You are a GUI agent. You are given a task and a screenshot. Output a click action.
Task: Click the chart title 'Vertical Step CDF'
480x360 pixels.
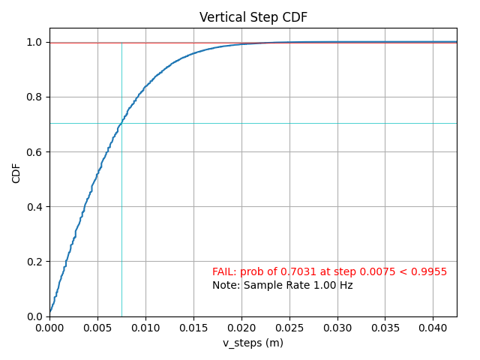253,17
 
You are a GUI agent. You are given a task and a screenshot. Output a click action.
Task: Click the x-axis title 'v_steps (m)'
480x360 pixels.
253,343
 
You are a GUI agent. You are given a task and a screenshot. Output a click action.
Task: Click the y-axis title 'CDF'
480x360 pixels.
16,172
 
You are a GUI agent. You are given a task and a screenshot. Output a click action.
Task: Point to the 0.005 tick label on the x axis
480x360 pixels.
97,328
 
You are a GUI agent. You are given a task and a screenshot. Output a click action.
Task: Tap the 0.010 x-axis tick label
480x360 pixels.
145,328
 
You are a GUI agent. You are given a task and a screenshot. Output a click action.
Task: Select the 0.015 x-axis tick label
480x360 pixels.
193,328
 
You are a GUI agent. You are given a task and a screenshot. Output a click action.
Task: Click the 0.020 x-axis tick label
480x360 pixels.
241,328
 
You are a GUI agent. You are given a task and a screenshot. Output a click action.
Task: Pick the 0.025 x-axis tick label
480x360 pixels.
289,328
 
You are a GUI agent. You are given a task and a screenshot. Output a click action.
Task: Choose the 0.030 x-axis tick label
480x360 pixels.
337,328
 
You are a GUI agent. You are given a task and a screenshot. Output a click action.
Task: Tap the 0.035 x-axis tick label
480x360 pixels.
385,328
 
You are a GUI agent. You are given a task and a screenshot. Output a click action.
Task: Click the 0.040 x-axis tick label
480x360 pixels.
433,328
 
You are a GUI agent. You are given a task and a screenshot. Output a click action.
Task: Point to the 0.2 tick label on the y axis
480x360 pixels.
34,262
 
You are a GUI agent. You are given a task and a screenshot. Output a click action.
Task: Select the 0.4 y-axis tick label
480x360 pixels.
34,207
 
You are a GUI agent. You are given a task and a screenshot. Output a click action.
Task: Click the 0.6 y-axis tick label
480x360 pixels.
34,152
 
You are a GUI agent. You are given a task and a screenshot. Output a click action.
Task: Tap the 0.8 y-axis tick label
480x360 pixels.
34,97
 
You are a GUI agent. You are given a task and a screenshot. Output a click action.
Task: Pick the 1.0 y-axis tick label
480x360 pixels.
34,43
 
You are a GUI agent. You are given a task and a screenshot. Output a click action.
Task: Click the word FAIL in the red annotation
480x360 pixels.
223,272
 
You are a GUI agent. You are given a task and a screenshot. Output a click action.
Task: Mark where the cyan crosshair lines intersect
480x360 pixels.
121,123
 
